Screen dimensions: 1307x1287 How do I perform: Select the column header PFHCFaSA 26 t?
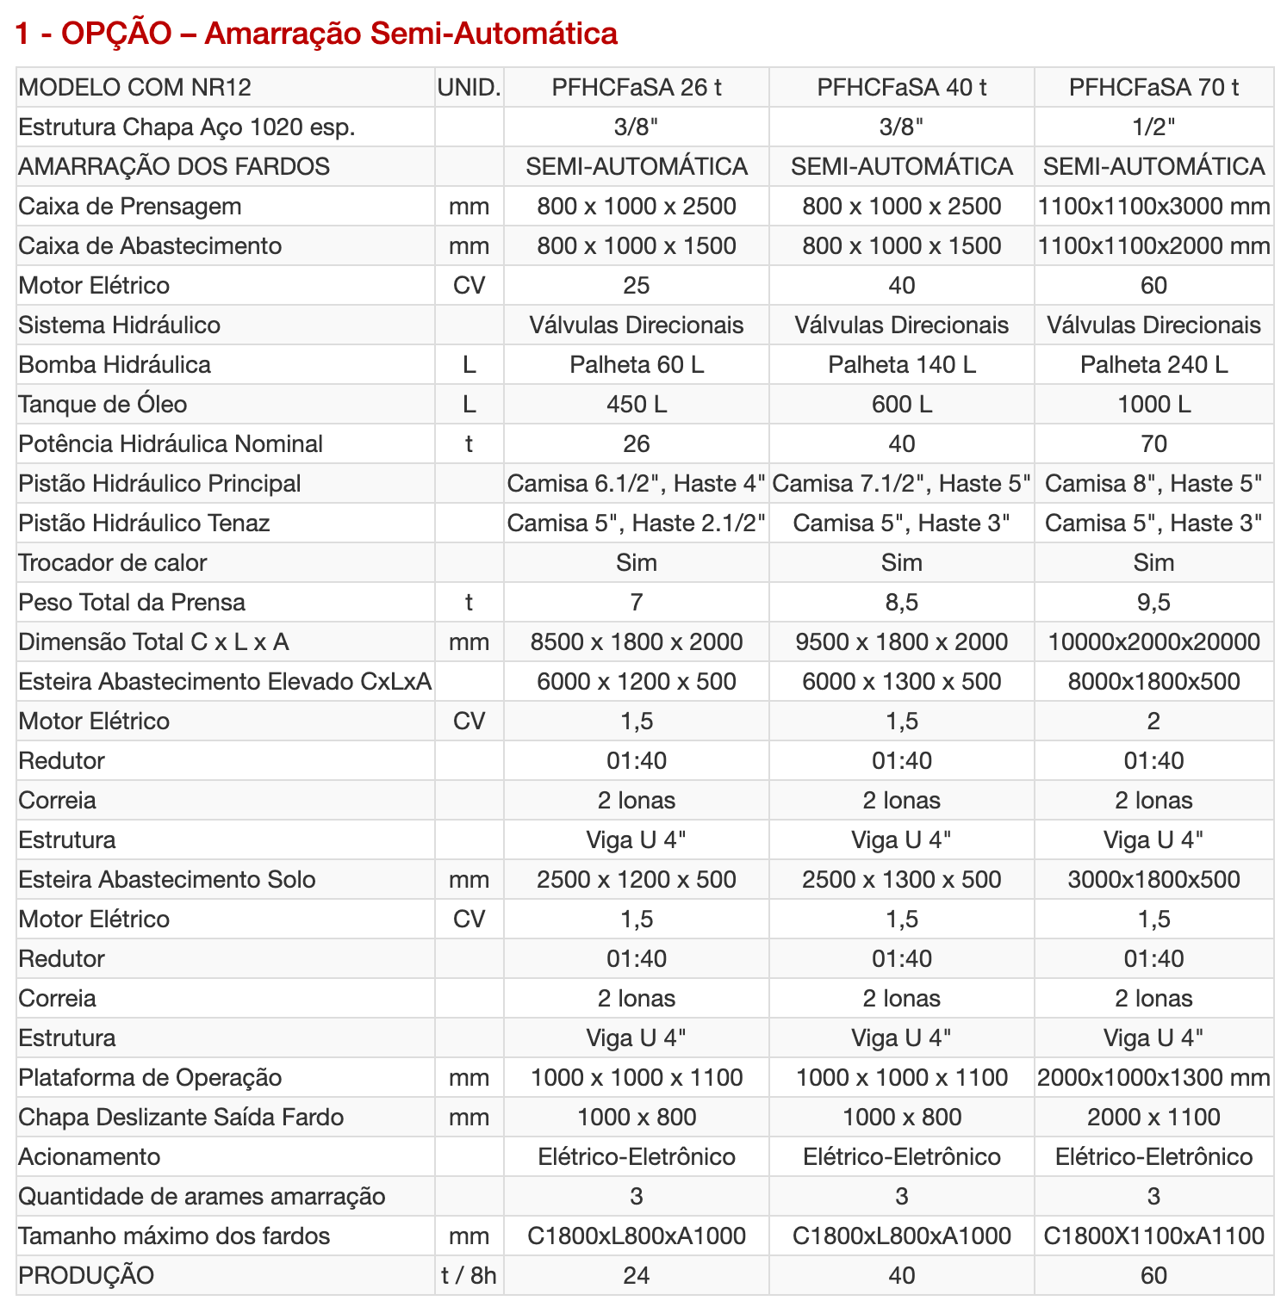[636, 87]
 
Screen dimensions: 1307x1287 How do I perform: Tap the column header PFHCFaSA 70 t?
[1153, 87]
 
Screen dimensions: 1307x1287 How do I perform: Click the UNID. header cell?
[469, 87]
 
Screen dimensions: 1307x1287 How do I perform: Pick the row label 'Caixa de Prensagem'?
[130, 206]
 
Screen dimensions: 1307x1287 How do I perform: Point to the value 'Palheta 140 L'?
[901, 364]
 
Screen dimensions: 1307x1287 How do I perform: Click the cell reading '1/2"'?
[1153, 127]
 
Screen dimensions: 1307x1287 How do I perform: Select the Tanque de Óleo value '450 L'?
[636, 404]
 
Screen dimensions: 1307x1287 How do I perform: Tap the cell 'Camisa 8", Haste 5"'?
[1153, 483]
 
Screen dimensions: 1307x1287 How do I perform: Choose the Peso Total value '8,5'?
[901, 602]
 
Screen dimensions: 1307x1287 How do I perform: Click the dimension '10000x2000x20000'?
[1153, 641]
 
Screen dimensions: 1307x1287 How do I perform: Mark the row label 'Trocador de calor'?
[113, 562]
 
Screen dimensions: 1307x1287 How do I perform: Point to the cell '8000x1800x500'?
[1153, 681]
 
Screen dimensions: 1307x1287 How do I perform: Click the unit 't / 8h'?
[469, 1275]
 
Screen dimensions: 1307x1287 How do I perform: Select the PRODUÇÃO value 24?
[636, 1275]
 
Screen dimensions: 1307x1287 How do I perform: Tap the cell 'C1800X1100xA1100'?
[1153, 1236]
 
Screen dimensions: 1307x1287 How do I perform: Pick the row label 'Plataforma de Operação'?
[150, 1077]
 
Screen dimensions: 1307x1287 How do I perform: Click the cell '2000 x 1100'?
[1153, 1117]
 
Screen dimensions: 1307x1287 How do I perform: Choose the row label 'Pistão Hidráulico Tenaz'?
[144, 523]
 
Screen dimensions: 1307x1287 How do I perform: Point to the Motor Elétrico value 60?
[1153, 285]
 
